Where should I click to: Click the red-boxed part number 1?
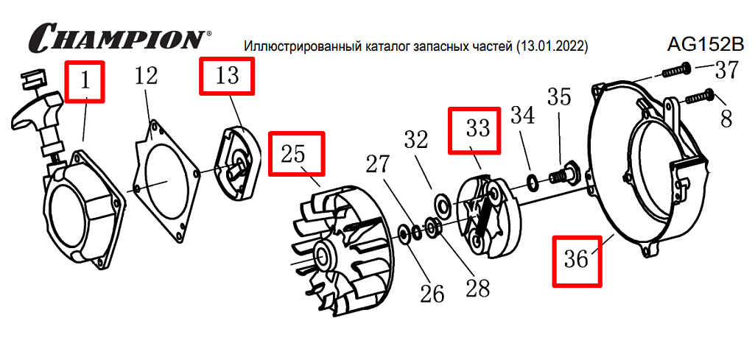pos(85,81)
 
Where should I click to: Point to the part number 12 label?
pos(145,76)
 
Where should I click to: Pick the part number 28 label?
pos(476,288)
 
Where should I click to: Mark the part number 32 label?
pos(415,140)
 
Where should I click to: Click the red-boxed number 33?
pos(475,130)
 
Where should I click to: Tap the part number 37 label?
pos(726,71)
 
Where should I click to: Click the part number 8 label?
pos(726,118)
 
